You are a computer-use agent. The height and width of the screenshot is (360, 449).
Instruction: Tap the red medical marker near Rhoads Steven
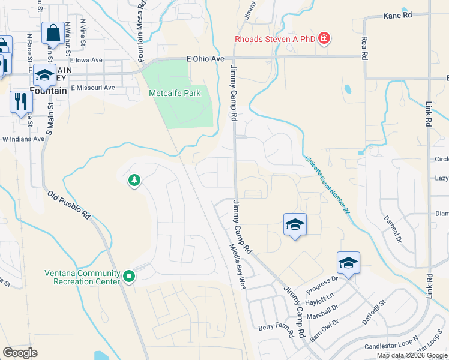(324, 39)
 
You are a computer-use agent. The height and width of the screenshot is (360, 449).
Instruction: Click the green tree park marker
(134, 179)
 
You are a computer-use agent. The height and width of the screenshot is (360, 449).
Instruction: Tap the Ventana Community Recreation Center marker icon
(129, 277)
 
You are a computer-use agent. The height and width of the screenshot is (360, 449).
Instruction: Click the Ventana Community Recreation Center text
(83, 277)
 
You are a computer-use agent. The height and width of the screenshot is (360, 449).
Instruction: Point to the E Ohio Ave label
(205, 59)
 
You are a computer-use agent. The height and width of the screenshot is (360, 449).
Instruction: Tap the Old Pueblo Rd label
(70, 206)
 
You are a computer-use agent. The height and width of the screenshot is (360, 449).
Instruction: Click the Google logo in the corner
(20, 353)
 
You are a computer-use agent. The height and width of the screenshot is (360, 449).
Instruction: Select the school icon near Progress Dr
(348, 263)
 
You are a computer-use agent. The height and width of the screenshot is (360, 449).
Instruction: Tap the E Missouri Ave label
(92, 88)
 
